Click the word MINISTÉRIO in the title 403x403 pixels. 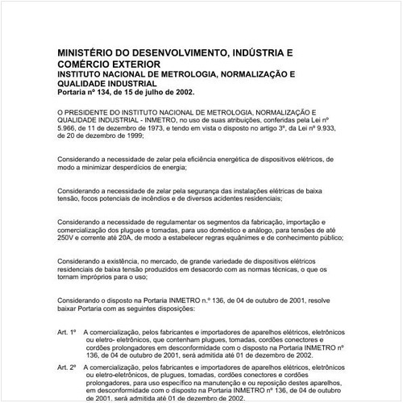coord(88,51)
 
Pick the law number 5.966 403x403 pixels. coord(69,130)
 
